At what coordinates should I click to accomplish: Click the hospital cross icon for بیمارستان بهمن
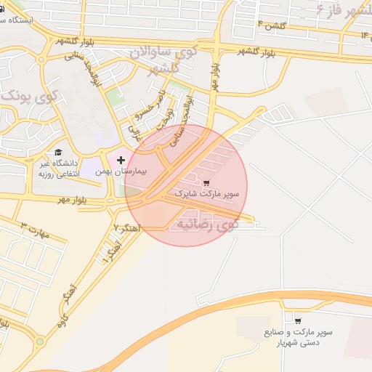[x=121, y=159]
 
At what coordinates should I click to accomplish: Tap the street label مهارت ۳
[x=34, y=230]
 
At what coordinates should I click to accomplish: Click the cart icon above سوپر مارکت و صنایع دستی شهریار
[x=298, y=320]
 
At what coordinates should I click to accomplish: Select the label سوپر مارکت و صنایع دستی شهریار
[x=299, y=337]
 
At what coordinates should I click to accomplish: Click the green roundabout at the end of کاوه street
[x=39, y=340]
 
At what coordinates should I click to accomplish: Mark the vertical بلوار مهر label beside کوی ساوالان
[x=216, y=73]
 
